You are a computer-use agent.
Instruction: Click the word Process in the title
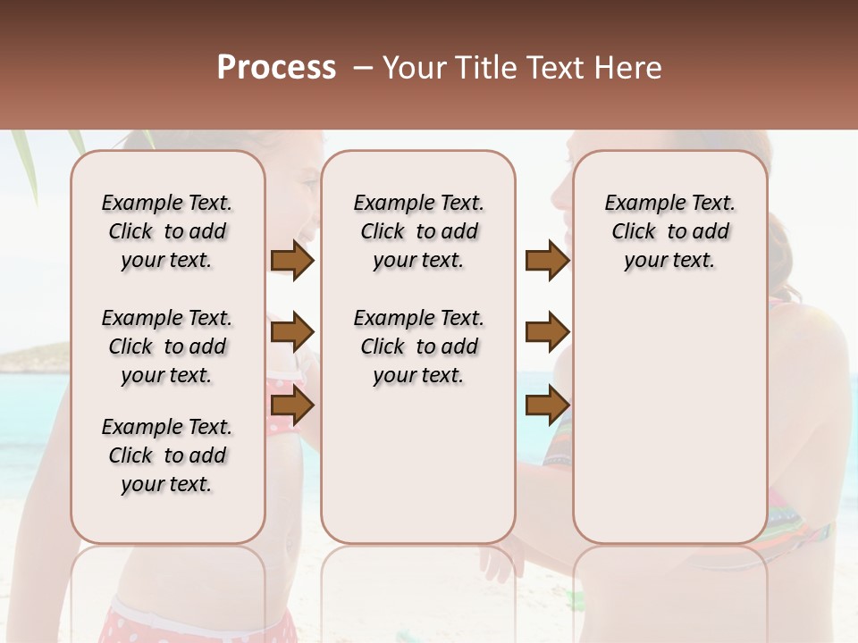[276, 67]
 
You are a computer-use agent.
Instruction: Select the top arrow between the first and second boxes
[292, 261]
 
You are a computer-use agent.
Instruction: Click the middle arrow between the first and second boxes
[292, 333]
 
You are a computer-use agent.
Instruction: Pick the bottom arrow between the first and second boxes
[292, 406]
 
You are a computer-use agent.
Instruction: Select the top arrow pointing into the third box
[547, 261]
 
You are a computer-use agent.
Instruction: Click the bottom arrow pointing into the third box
[547, 406]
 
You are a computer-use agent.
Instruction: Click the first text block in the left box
[167, 231]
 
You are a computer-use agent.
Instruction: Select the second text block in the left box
[167, 347]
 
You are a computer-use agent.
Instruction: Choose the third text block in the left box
[167, 455]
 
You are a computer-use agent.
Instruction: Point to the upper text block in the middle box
[418, 231]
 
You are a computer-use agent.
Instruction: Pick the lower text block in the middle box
[418, 347]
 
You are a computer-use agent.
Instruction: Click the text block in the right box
[669, 231]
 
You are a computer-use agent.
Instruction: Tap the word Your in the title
[416, 68]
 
